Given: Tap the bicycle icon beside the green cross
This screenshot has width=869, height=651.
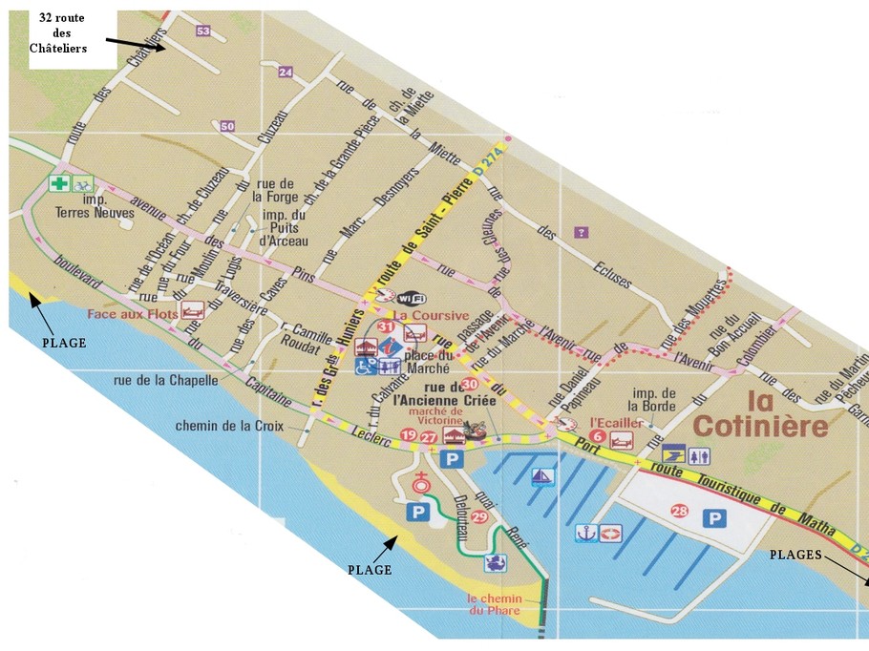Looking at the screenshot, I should pos(83,183).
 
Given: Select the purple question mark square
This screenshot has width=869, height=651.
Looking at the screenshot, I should pos(581,232).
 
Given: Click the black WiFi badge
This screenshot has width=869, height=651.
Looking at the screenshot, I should pos(412,297).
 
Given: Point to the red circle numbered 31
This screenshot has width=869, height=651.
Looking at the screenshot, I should pos(387,327).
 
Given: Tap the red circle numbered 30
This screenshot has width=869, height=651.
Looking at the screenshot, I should pos(469,384).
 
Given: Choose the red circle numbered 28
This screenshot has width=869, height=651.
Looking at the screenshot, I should pos(680,511).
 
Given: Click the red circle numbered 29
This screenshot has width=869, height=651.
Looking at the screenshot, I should pos(479,516).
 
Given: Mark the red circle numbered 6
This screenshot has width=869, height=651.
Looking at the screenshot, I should pos(598,437).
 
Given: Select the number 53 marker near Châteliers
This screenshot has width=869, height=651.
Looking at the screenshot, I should pos(202,31).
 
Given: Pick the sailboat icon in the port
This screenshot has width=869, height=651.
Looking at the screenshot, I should pos(543,476).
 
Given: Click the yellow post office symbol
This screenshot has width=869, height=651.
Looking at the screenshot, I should pos(673,455).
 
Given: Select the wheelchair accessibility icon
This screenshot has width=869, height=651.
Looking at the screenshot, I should pos(365,365).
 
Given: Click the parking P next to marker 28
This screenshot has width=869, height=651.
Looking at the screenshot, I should pos(712,518).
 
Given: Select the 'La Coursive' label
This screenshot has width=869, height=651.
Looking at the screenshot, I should pos(432,315).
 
